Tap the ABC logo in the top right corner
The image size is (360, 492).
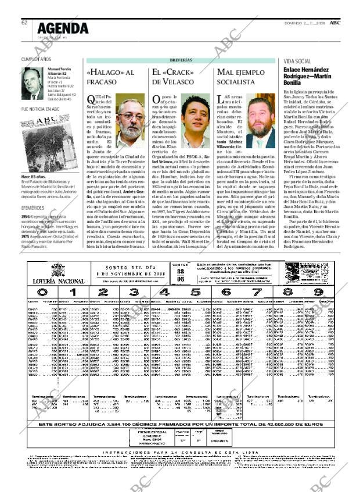(335, 22)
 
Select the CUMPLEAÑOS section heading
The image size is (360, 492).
(36, 60)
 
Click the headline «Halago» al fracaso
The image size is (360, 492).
(110, 77)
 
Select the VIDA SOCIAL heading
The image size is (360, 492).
(297, 61)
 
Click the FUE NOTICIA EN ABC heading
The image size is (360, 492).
(40, 109)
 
